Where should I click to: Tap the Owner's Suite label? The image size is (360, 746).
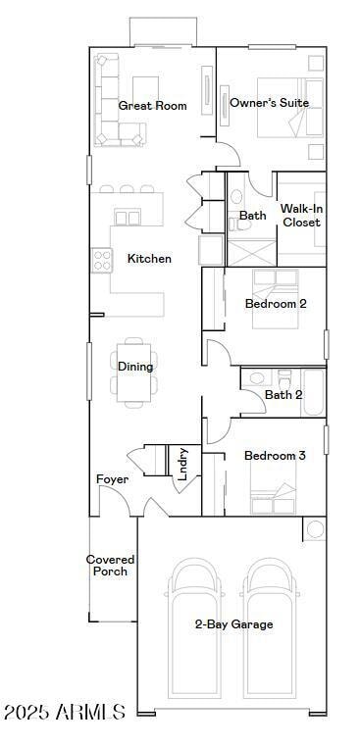[x=269, y=102]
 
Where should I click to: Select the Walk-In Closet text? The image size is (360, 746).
[x=300, y=216]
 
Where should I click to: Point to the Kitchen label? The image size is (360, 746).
[x=149, y=259]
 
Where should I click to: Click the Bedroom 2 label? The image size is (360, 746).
[x=275, y=304]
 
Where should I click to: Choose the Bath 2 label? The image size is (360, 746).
[x=283, y=395]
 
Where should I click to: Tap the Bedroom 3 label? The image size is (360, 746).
[x=275, y=456]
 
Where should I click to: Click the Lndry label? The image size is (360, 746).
[x=182, y=463]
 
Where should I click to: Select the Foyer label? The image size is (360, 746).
[x=112, y=479]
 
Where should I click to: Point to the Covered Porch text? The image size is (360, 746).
[x=110, y=566]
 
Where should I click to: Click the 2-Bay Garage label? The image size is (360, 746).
[x=233, y=624]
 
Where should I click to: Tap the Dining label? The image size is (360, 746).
[x=135, y=367]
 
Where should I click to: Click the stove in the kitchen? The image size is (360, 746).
[x=102, y=259]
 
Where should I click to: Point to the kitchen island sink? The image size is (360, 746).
[x=128, y=217]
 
